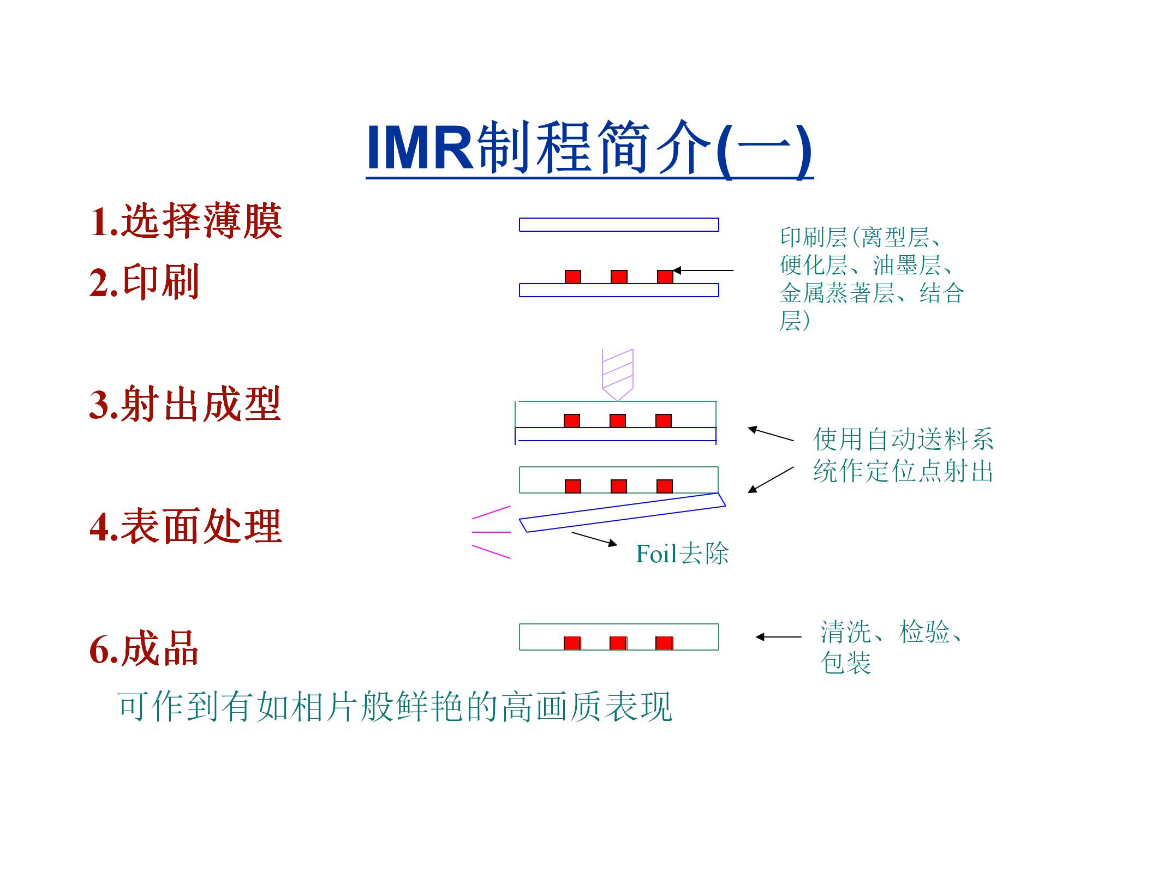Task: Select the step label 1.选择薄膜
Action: coord(186,221)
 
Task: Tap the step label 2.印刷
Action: coord(144,282)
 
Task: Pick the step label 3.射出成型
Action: coord(185,404)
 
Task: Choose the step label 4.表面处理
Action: coord(186,526)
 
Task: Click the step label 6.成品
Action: coord(144,648)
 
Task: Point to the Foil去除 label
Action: coord(682,554)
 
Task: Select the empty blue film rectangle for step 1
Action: coord(619,225)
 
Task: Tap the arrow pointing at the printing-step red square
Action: coord(703,270)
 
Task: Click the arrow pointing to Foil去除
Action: coord(594,539)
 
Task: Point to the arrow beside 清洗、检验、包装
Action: coord(779,636)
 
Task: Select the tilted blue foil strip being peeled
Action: coord(622,512)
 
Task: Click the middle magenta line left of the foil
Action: coord(491,532)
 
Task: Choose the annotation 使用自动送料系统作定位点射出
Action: coord(903,455)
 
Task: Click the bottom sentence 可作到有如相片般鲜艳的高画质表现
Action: coord(395,707)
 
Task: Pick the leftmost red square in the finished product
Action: coord(572,643)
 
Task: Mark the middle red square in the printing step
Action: coord(619,277)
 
